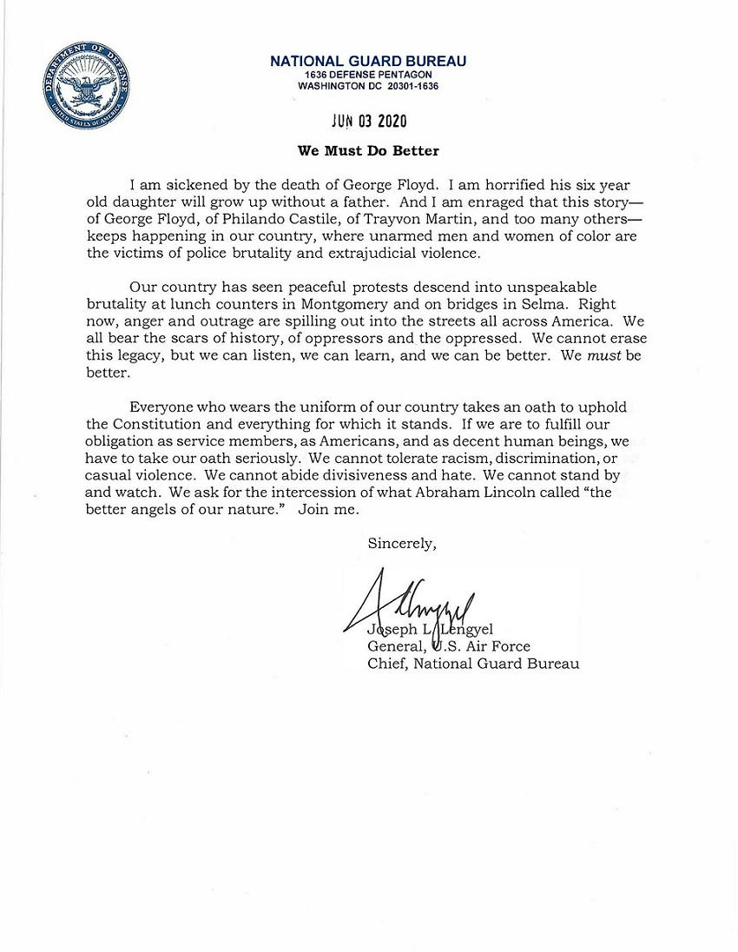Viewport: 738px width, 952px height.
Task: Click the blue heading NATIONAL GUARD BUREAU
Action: point(368,61)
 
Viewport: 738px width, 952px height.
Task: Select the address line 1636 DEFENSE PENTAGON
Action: point(368,75)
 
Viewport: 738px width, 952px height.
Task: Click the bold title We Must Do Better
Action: point(368,150)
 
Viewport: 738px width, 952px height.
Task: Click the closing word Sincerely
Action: point(402,544)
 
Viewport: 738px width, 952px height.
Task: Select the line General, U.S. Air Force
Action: point(449,645)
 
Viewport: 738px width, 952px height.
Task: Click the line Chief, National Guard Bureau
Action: point(473,664)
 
